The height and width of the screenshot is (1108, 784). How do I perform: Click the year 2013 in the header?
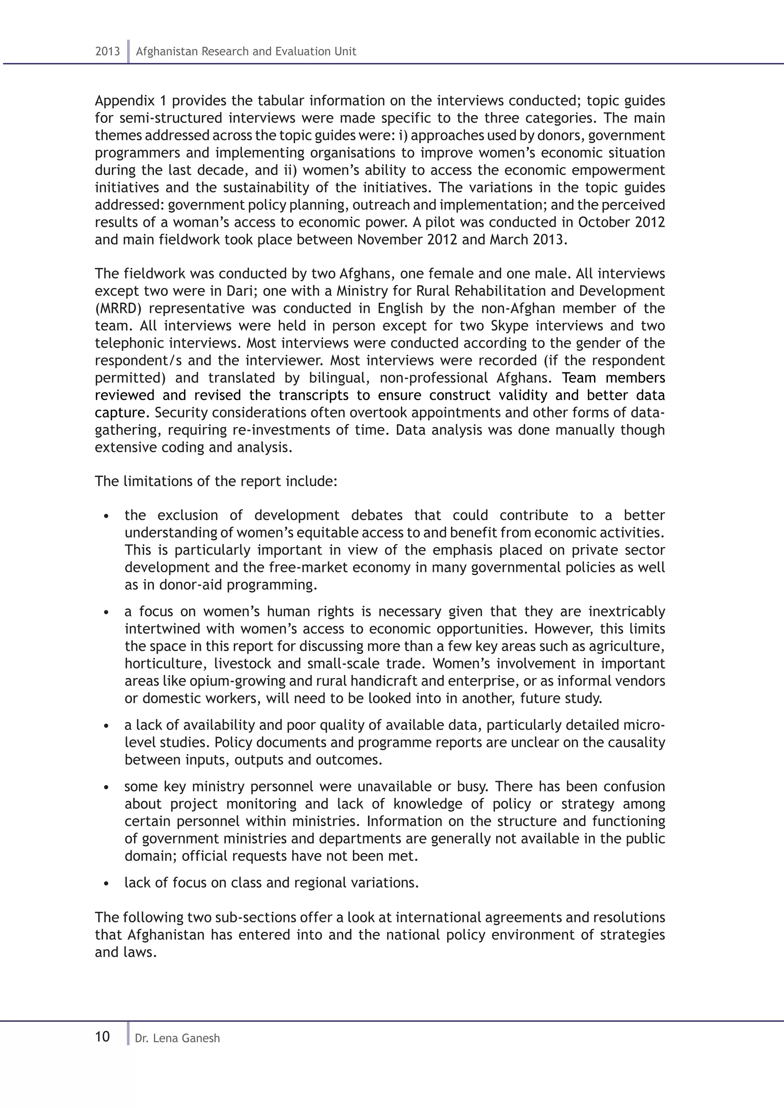(x=107, y=52)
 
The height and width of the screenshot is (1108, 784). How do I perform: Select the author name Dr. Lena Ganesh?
(x=177, y=1038)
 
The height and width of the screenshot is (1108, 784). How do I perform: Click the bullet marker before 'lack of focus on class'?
(x=107, y=883)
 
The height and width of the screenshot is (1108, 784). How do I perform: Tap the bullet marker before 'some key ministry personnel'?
(x=107, y=787)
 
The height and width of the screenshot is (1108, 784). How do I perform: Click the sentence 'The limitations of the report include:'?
(x=216, y=481)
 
